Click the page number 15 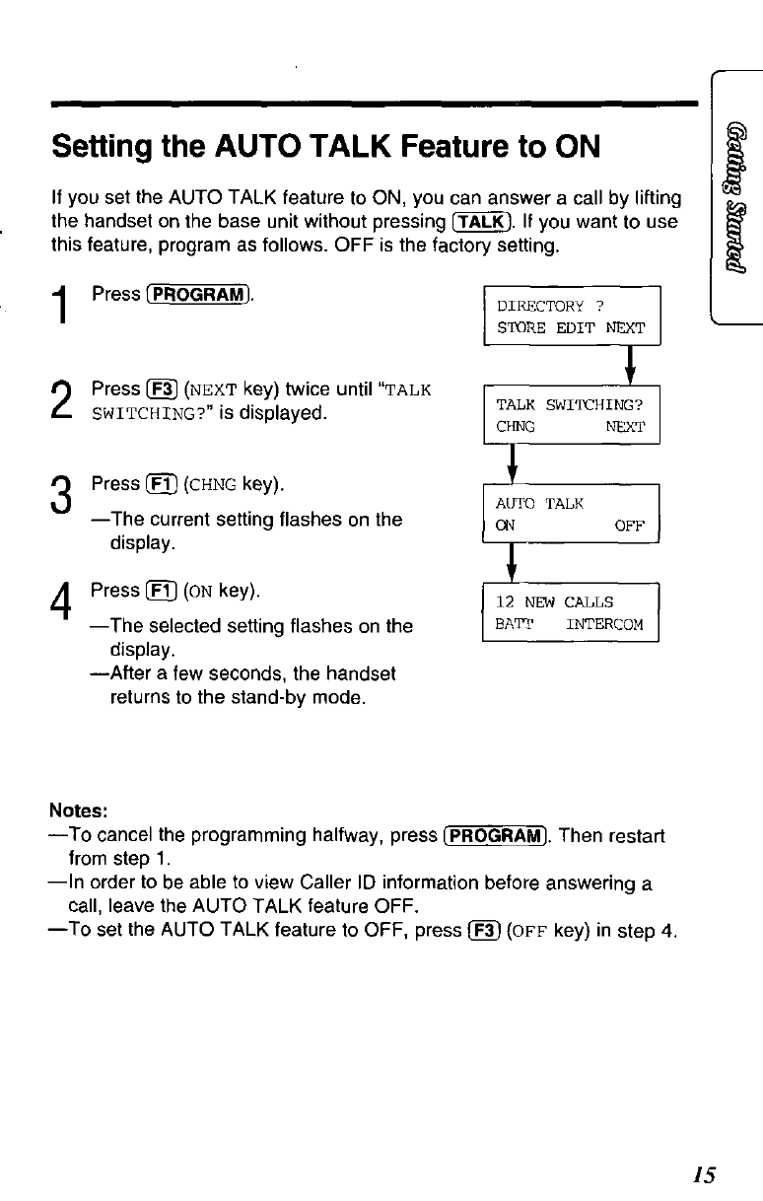tap(703, 1173)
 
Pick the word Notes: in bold tap(78, 812)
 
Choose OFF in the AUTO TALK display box tap(630, 526)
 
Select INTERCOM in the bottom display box tap(604, 624)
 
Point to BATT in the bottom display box tap(514, 624)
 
